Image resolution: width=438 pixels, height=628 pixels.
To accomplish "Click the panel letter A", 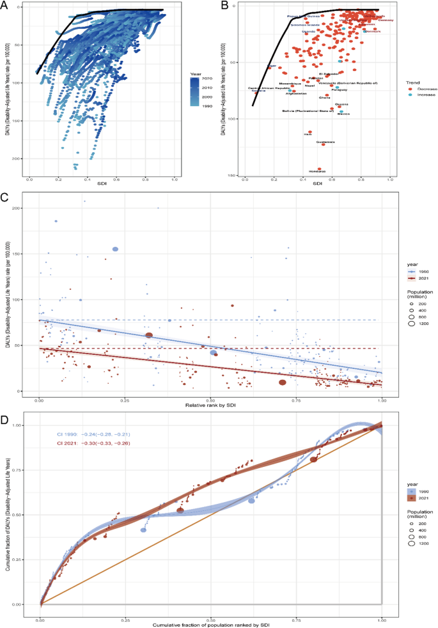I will [6, 6].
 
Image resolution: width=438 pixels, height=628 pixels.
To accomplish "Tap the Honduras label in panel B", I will [317, 171].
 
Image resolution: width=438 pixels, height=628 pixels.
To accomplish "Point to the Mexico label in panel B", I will [343, 113].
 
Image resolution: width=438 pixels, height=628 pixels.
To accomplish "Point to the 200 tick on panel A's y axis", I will [17, 158].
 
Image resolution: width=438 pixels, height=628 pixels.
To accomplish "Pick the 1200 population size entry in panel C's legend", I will [421, 324].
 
